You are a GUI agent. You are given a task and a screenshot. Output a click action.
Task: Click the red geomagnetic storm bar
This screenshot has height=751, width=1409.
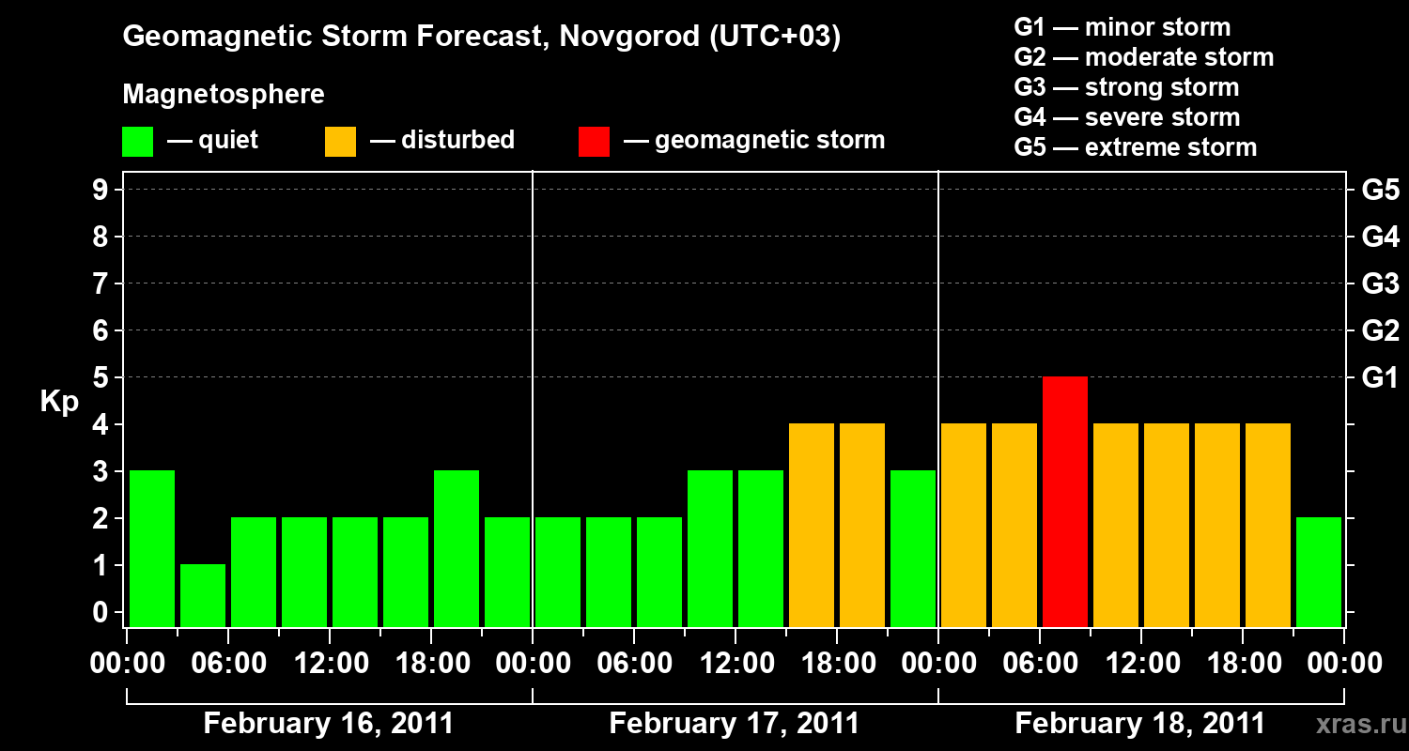(1065, 501)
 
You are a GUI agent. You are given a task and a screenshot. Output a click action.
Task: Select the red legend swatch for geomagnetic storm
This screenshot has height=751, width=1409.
(594, 141)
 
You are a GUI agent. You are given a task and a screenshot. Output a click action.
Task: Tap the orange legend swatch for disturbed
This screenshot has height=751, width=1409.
(340, 141)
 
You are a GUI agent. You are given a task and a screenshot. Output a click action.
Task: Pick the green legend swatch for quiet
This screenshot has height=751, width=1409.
(137, 141)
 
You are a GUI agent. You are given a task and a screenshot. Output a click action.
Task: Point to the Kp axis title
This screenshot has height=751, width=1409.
(59, 402)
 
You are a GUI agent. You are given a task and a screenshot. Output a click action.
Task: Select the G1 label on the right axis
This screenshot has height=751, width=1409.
(1380, 377)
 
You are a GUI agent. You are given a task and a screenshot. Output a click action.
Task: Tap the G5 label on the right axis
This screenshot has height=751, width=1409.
(1380, 190)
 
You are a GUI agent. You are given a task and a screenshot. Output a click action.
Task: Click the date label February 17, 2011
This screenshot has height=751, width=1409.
(734, 724)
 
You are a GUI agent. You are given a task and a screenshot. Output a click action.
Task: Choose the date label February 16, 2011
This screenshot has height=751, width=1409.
(328, 724)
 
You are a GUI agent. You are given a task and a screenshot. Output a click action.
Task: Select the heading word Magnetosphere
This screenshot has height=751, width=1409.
(224, 95)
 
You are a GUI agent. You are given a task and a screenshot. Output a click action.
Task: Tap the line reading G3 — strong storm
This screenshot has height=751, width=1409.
(1126, 87)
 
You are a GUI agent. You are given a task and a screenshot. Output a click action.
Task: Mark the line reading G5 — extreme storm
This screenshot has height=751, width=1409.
(1135, 147)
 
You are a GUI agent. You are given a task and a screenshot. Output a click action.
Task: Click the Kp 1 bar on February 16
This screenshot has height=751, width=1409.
(203, 595)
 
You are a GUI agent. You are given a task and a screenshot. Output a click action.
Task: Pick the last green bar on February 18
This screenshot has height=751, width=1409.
(1319, 571)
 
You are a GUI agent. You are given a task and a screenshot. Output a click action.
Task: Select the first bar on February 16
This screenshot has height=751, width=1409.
(152, 548)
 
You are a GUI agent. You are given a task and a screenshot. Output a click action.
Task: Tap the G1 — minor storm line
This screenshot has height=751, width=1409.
(1122, 27)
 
